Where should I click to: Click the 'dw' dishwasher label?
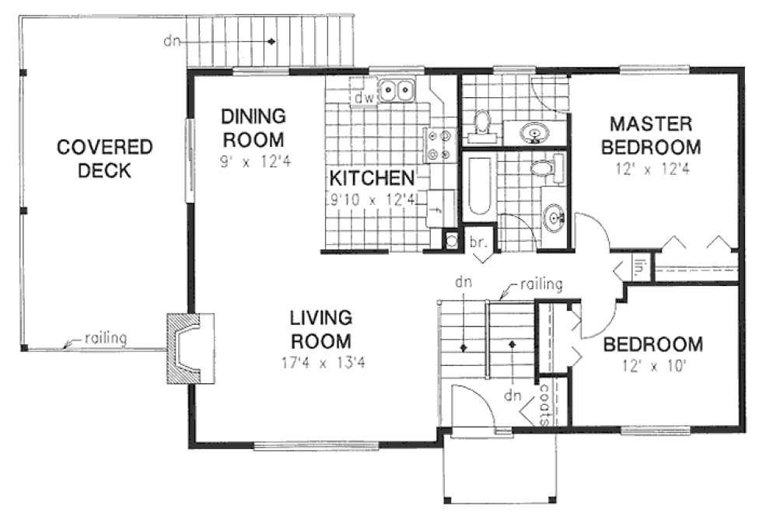point(363,99)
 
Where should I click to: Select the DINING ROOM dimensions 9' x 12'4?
point(254,163)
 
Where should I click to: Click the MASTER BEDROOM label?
point(655,135)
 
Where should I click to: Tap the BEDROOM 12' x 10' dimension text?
point(652,366)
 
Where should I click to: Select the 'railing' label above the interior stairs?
point(540,284)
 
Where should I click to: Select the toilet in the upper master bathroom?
point(483,123)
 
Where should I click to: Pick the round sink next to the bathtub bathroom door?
point(554,218)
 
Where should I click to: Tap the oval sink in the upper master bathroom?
point(535,133)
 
